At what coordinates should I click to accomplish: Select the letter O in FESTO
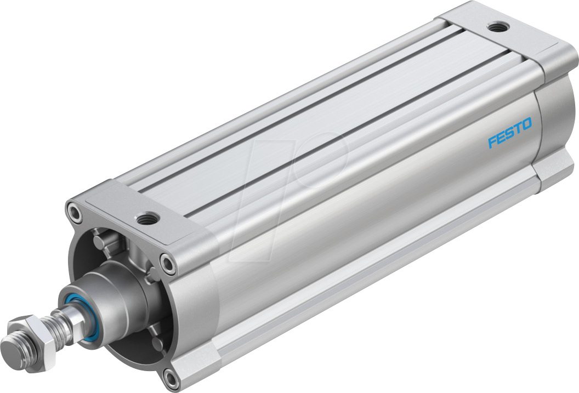point(526,126)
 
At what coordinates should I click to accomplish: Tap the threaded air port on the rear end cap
point(497,26)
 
